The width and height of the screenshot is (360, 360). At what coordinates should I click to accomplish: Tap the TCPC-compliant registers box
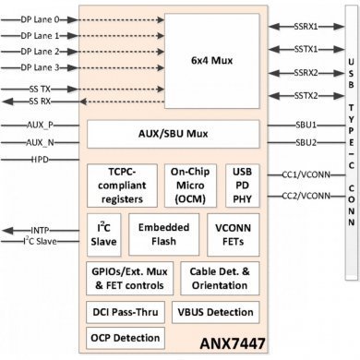[x=122, y=184]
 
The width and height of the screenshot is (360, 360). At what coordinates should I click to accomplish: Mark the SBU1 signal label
[x=306, y=123]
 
